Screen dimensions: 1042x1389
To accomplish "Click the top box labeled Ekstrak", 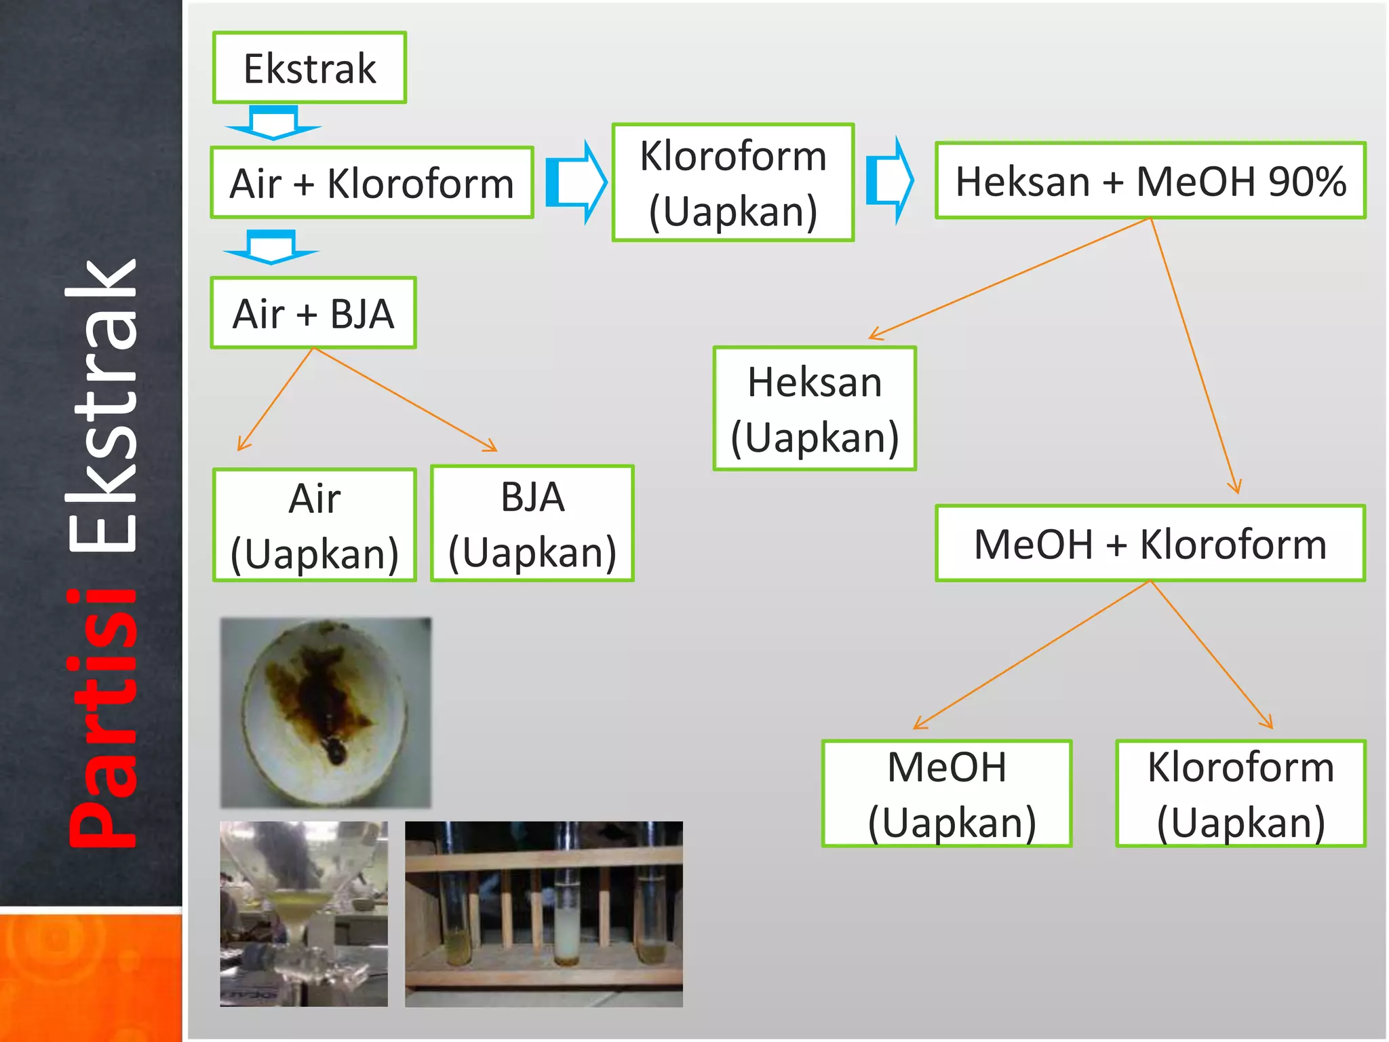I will (x=309, y=68).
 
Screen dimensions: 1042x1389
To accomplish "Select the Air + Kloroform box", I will (x=372, y=183).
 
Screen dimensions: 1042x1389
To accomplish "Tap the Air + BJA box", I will (x=313, y=313).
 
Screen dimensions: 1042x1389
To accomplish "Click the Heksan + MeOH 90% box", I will (x=1150, y=181).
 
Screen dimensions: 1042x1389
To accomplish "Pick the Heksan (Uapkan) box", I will (x=815, y=409).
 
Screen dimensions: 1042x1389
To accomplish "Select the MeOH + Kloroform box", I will (x=1150, y=544).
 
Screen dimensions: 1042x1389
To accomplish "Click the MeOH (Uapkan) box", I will (x=947, y=794).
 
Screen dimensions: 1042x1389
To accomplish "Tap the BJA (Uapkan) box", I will (x=532, y=524).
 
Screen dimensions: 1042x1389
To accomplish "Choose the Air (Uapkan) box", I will (x=314, y=526).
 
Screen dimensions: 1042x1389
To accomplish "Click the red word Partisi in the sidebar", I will (x=103, y=719).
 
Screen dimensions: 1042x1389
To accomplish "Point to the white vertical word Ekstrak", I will (x=103, y=407).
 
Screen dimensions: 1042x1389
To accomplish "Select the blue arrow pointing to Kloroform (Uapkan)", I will (x=576, y=182).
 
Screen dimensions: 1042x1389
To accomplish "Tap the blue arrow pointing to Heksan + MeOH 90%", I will (x=891, y=180).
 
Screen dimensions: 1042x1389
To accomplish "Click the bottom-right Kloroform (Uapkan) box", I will (x=1240, y=794).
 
